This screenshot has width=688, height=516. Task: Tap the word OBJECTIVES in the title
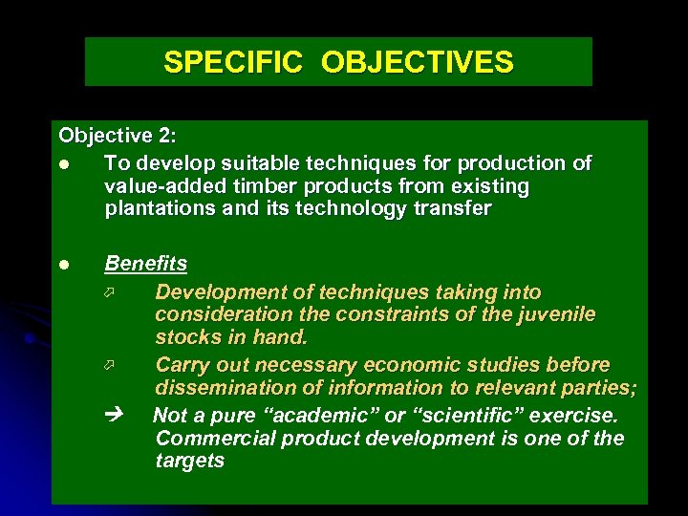pos(418,63)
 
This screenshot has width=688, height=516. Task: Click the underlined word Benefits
pos(146,263)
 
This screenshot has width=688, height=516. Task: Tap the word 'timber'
pos(259,186)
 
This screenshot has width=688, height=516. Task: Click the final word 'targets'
pos(189,461)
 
